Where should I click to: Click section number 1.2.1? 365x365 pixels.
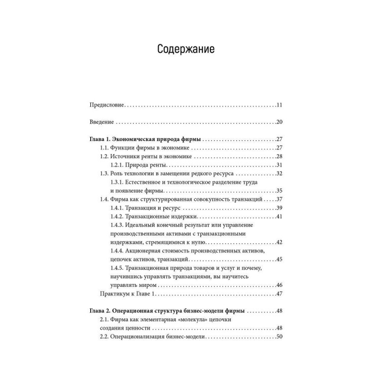tap(118, 165)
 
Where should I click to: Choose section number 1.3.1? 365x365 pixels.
tap(118, 182)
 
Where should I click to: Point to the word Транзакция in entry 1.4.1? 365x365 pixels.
tap(146, 208)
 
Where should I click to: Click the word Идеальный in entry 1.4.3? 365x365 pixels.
tap(147, 225)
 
